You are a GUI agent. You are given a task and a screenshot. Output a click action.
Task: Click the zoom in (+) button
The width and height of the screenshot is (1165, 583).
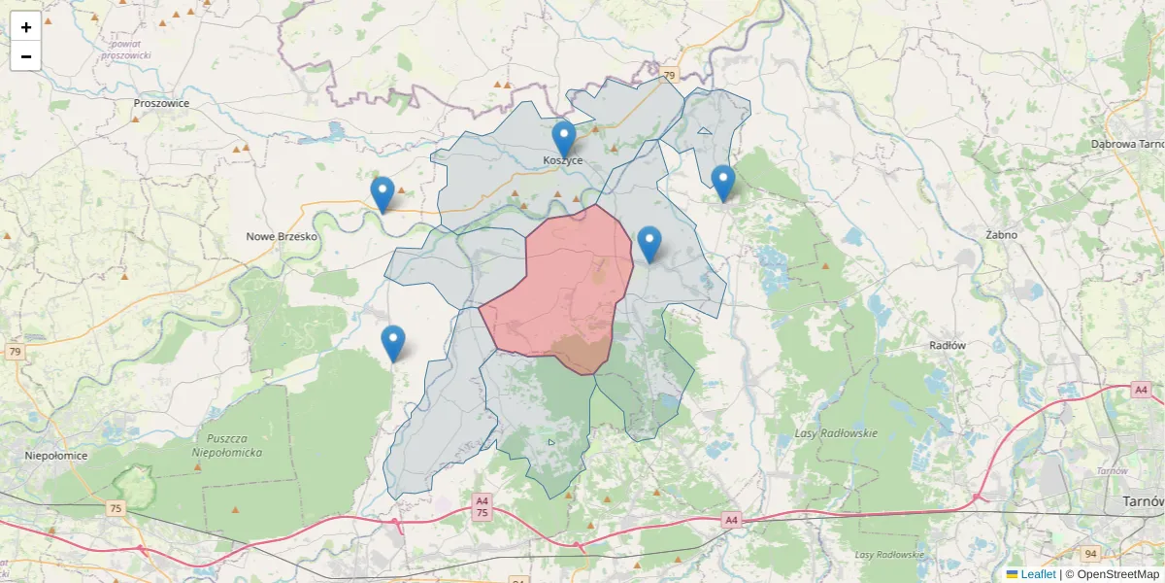(26, 27)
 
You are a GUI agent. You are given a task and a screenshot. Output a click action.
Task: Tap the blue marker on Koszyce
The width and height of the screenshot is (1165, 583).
(564, 139)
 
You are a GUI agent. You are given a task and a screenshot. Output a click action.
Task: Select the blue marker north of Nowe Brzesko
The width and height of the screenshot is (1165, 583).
(383, 194)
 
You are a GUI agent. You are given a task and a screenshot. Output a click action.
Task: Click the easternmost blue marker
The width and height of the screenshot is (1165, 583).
(722, 183)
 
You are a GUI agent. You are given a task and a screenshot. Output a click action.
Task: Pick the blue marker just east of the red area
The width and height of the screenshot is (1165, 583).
(649, 244)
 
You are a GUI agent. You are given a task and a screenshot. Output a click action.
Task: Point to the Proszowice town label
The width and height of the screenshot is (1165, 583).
(161, 103)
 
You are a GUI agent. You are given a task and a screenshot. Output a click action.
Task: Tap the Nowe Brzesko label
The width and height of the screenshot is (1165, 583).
(282, 236)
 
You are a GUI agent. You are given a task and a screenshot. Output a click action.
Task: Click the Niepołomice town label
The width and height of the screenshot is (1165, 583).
(56, 455)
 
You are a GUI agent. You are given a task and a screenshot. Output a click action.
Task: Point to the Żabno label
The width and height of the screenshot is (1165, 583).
(1000, 235)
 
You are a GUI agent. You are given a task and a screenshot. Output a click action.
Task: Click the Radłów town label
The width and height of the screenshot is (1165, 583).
(947, 345)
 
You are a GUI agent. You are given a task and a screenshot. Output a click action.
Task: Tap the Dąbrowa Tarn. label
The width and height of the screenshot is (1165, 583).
(1126, 144)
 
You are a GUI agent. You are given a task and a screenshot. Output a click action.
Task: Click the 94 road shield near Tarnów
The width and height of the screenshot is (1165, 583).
(1090, 554)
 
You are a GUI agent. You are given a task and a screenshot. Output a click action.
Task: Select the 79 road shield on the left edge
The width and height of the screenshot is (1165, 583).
(15, 352)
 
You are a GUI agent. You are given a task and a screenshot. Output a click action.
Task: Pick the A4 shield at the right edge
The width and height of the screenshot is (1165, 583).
(1141, 390)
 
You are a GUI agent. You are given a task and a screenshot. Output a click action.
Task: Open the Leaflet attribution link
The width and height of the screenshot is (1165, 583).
(1038, 574)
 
